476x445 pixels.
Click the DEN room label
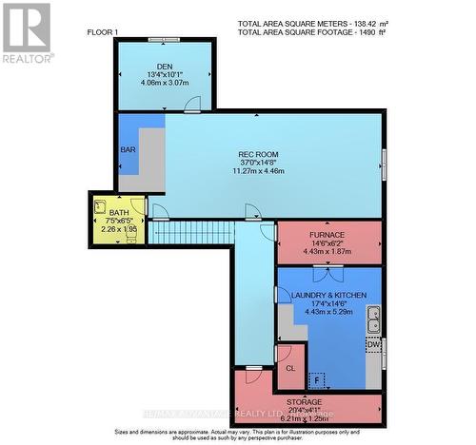point(163,66)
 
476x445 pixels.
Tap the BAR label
point(128,150)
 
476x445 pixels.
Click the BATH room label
point(118,213)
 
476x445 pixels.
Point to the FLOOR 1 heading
point(104,32)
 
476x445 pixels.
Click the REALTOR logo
point(27,33)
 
